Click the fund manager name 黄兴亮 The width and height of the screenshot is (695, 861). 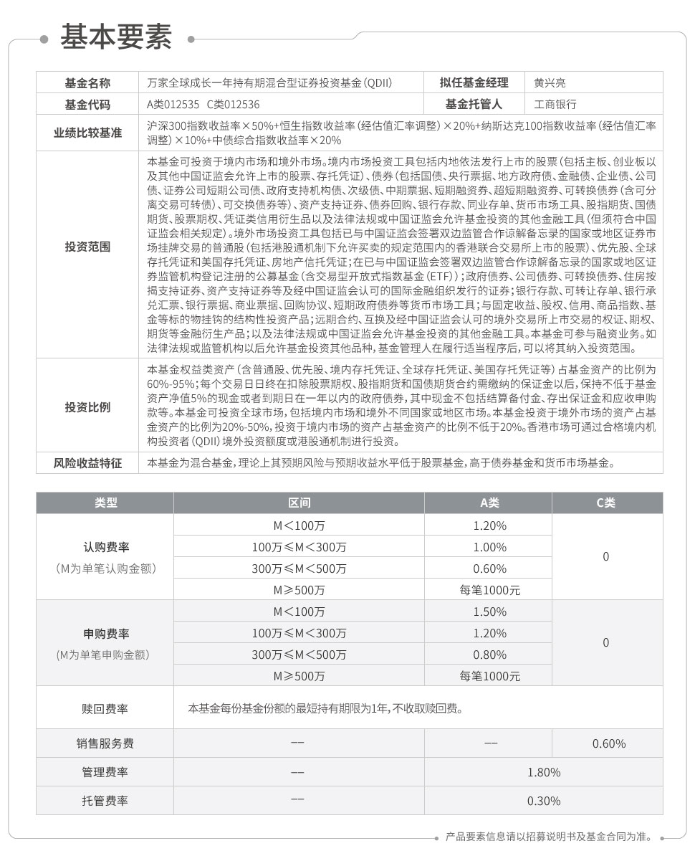pos(549,82)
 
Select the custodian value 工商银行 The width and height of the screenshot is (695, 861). pos(555,104)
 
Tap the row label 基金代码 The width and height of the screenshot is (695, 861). pos(87,104)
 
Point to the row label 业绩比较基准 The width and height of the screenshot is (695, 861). pos(87,133)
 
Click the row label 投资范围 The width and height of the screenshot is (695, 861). pos(87,247)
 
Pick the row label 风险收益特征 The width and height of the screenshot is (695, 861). pos(87,463)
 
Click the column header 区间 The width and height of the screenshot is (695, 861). pos(299,503)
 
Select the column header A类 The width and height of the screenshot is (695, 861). pos(489,503)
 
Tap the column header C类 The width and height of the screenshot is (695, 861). pos(606,503)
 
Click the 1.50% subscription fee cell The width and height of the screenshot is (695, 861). pos(489,612)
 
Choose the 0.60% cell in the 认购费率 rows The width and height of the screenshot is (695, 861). pos(489,569)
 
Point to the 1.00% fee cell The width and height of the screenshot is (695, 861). pos(489,547)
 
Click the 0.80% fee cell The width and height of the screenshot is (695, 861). pos(489,655)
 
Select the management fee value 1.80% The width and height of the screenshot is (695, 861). pos(543,772)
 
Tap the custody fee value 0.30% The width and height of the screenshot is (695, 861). pos(543,801)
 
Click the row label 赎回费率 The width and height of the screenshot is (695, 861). pos(105,709)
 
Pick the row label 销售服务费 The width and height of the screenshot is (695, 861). pos(105,743)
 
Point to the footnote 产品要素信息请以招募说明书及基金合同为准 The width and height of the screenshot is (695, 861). pos(547,837)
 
